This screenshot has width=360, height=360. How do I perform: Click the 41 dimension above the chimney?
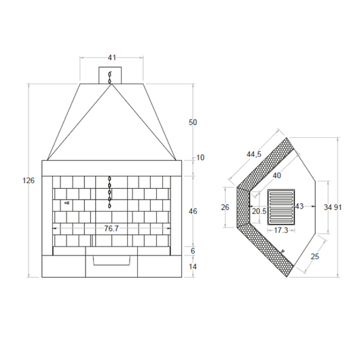pyautogui.click(x=112, y=58)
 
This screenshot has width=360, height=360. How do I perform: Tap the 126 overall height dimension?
pyautogui.click(x=29, y=181)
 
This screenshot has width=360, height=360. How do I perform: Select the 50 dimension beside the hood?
pyautogui.click(x=193, y=122)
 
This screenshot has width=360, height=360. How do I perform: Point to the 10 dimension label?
pyautogui.click(x=200, y=158)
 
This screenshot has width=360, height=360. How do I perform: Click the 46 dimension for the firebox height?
pyautogui.click(x=193, y=211)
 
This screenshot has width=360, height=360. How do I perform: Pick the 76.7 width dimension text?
pyautogui.click(x=111, y=228)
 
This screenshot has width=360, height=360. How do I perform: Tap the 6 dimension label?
pyautogui.click(x=193, y=251)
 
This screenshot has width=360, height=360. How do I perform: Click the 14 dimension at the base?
pyautogui.click(x=193, y=266)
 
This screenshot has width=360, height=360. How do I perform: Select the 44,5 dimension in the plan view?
pyautogui.click(x=254, y=154)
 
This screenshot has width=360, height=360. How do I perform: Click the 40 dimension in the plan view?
pyautogui.click(x=277, y=175)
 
